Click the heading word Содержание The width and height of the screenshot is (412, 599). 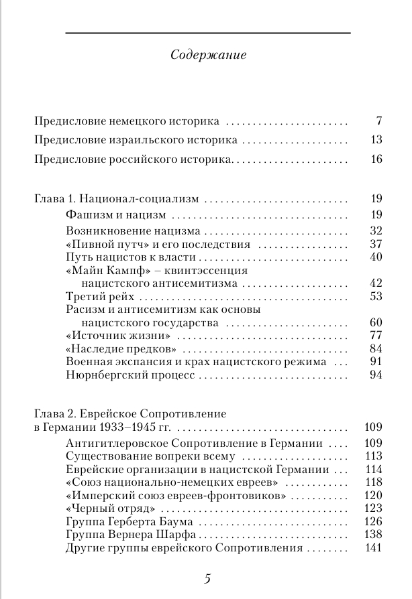209,55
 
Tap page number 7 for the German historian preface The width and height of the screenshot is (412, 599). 378,122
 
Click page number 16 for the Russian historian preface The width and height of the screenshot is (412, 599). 375,159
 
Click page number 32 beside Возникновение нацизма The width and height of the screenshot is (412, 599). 375,230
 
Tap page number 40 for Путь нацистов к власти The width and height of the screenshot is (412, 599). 375,257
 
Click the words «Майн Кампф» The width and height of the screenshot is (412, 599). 99,271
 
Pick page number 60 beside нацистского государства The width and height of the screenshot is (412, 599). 375,322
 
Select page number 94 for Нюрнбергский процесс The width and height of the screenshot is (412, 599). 375,375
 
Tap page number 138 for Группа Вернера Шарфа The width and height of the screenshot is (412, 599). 372,535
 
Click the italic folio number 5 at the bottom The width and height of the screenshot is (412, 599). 207,579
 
